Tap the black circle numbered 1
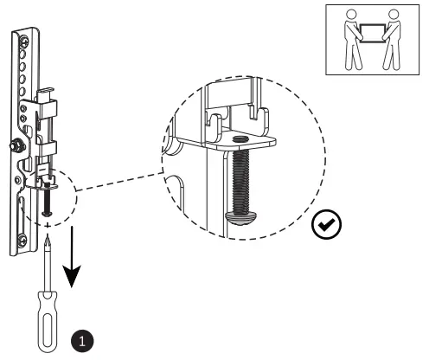tap(83, 341)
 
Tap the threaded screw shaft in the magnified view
tap(240, 177)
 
